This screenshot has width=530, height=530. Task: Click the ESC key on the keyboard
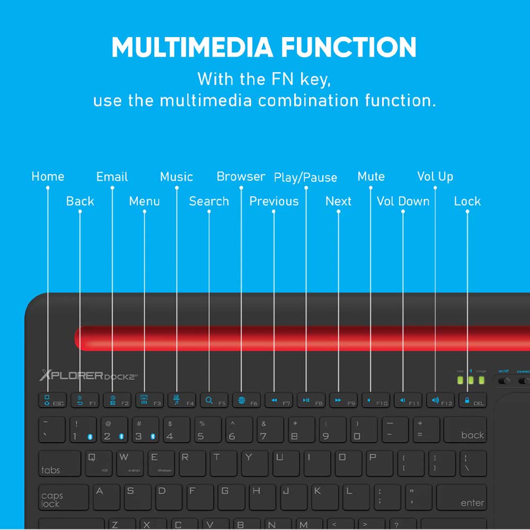pyautogui.click(x=52, y=400)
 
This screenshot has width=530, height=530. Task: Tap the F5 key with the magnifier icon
pyautogui.click(x=214, y=400)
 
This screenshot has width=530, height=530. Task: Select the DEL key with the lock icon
pyautogui.click(x=472, y=400)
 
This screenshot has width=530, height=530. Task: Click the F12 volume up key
pyautogui.click(x=440, y=400)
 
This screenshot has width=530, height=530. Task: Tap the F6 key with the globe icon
pyautogui.click(x=246, y=400)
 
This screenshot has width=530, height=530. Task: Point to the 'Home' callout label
pyautogui.click(x=48, y=176)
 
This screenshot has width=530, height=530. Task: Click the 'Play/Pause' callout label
pyautogui.click(x=305, y=177)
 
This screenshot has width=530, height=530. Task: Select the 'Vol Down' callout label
pyautogui.click(x=403, y=201)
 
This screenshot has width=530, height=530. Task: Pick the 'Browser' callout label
pyautogui.click(x=241, y=176)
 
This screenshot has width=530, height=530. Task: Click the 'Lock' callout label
pyautogui.click(x=467, y=201)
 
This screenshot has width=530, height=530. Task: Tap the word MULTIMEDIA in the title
pyautogui.click(x=192, y=48)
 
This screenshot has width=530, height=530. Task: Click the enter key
pyautogui.click(x=461, y=497)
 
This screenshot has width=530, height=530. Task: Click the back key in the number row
pyautogui.click(x=465, y=430)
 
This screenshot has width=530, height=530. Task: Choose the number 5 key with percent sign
pyautogui.click(x=206, y=430)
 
